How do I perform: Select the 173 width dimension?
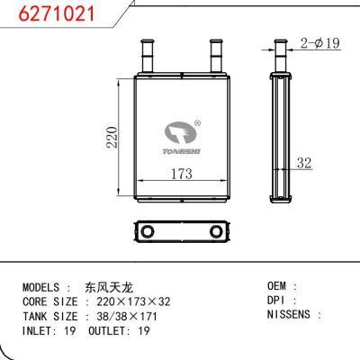coord(183,174)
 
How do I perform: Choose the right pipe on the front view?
coord(215,56)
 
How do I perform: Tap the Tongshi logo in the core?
coord(184,139)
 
